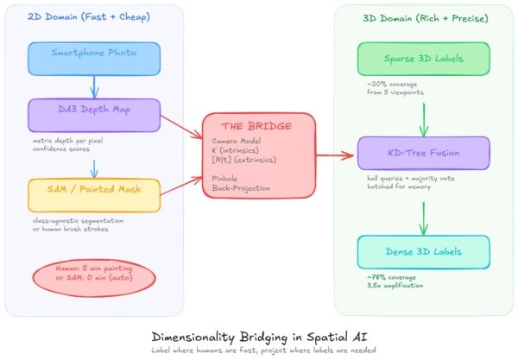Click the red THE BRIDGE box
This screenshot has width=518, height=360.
pyautogui.click(x=259, y=155)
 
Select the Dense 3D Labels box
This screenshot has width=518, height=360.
pyautogui.click(x=417, y=251)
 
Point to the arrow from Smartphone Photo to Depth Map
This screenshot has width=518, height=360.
pyautogui.click(x=93, y=86)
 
